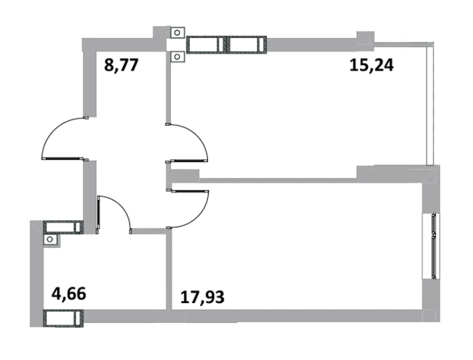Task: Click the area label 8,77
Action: pos(121,65)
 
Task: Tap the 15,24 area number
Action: pos(371,65)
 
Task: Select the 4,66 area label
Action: pos(69,294)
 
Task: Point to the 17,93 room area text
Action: pos(202,297)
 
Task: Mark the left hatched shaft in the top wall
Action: pos(206,44)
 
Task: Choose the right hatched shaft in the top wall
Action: pos(247,44)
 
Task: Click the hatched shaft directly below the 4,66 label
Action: pos(63,318)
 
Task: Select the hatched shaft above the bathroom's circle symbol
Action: pos(63,227)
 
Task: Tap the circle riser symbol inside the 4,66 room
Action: pos(50,239)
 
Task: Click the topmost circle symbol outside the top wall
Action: pos(177,33)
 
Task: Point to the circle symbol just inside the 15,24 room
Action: pos(177,57)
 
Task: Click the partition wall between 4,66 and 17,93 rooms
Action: pos(169,269)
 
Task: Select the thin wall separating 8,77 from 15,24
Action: pos(169,87)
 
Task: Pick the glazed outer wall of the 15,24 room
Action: pos(430,103)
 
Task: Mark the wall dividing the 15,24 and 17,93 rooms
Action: pos(277,181)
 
